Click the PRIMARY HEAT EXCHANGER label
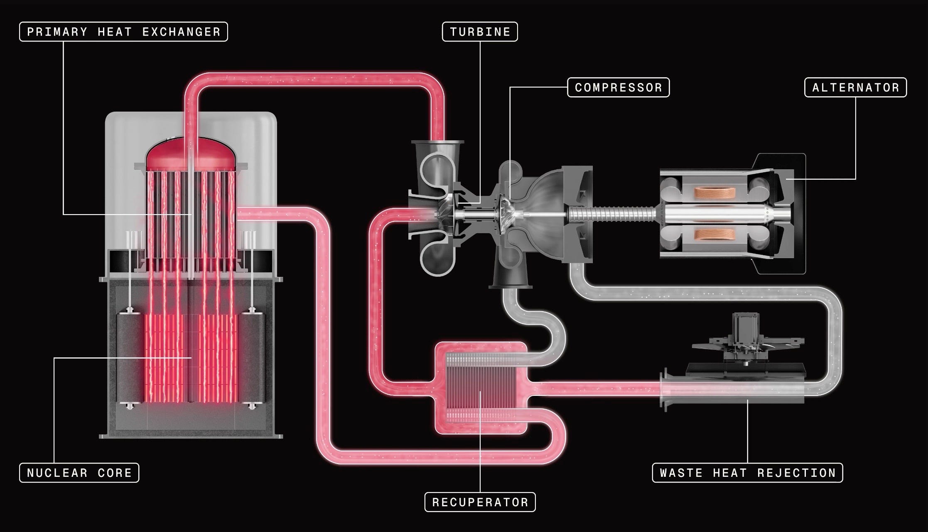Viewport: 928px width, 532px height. (x=123, y=32)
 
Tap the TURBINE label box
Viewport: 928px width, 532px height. (x=480, y=32)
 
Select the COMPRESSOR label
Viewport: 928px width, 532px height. (x=618, y=88)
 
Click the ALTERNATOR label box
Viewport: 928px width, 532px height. (x=855, y=88)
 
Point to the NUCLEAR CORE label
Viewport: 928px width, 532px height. (x=79, y=473)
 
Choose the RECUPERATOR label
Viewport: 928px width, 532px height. (x=480, y=502)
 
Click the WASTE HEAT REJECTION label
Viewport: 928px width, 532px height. (x=747, y=473)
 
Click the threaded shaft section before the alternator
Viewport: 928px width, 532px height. (x=611, y=214)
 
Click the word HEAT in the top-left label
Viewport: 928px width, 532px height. (x=115, y=32)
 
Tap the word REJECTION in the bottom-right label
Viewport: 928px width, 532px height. (x=796, y=473)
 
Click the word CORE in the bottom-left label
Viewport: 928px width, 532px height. (x=115, y=473)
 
